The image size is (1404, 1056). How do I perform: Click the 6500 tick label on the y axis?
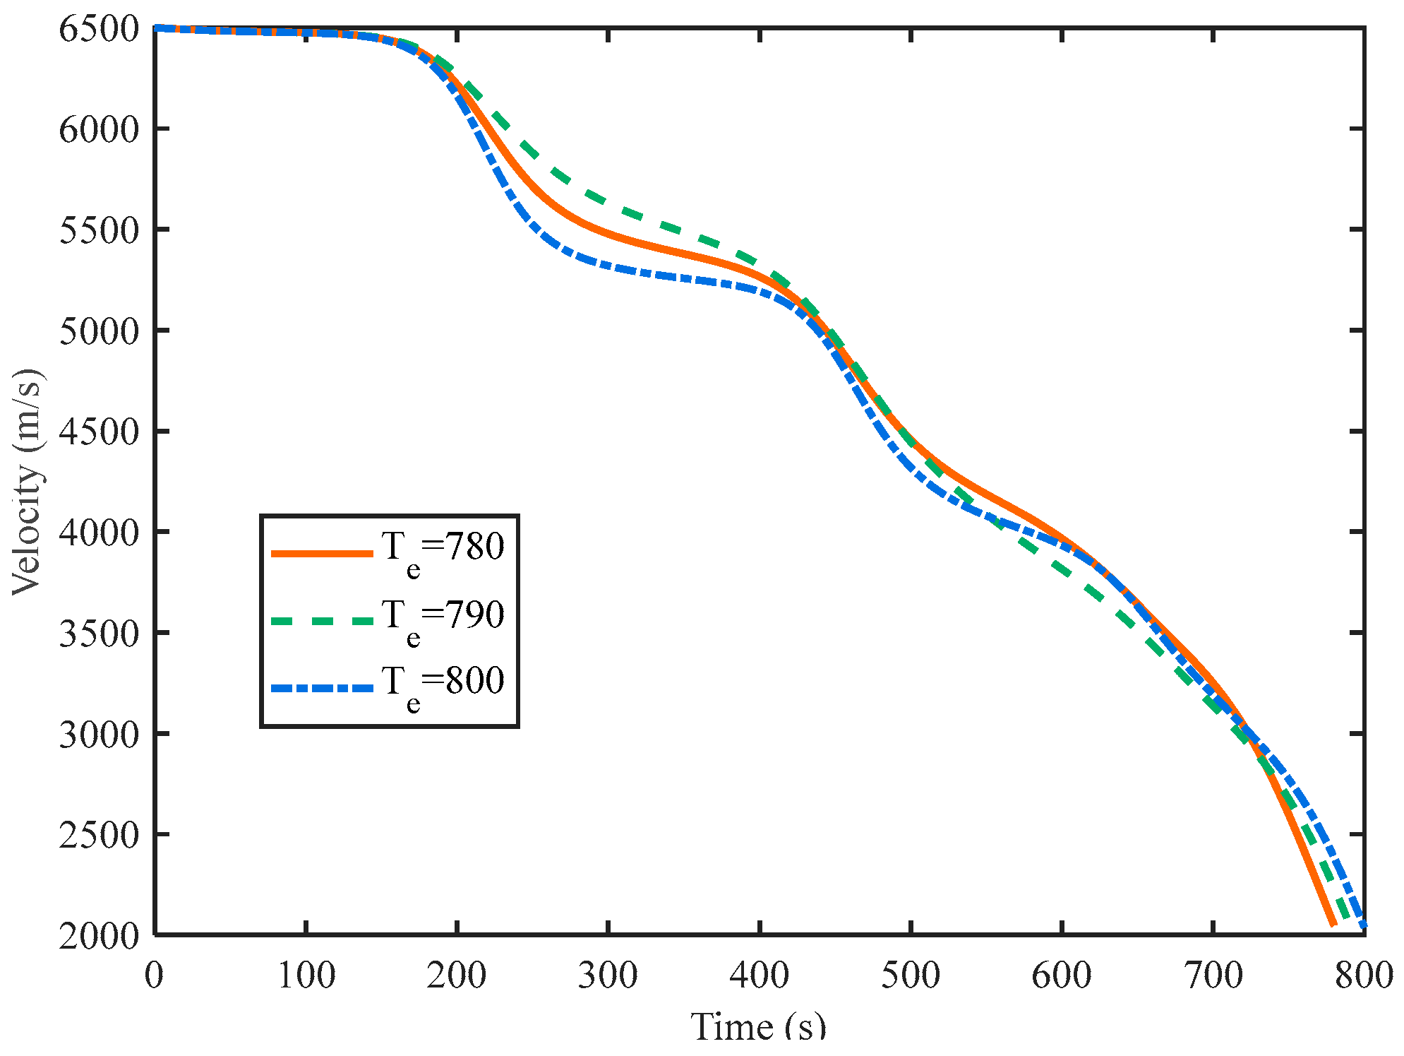tap(99, 30)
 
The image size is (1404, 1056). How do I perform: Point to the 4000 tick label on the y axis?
tap(99, 533)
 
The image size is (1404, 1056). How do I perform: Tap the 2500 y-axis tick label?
tap(99, 836)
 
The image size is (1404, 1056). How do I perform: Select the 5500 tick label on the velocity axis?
tap(99, 230)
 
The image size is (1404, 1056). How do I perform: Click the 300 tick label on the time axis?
tap(608, 975)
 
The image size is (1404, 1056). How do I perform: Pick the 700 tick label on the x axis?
tap(1213, 975)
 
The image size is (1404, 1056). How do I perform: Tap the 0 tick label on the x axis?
tap(154, 975)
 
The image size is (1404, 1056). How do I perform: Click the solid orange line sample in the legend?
tap(322, 554)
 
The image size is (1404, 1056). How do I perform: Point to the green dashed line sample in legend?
tap(322, 621)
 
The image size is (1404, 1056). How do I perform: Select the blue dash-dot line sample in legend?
tap(322, 687)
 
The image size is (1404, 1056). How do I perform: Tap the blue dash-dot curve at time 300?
tap(608, 266)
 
